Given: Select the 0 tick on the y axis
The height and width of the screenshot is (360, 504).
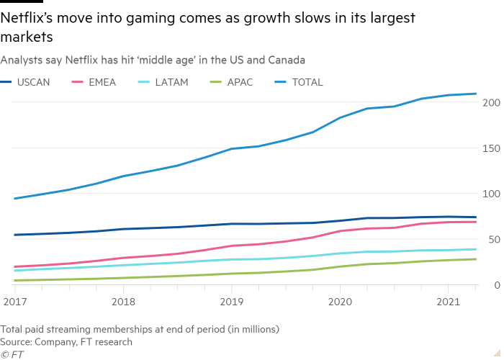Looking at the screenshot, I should (495, 286).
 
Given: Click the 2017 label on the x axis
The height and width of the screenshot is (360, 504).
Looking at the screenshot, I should (14, 300).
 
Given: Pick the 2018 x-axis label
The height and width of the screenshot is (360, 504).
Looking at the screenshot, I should (124, 300).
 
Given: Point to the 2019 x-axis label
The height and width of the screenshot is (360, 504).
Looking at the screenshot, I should (230, 300).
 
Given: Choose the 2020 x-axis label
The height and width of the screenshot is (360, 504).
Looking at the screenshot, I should (340, 300).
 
